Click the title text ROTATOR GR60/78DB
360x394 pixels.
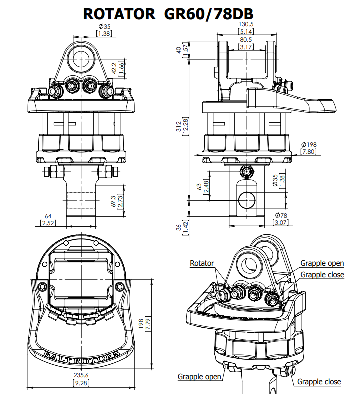pos(168,14)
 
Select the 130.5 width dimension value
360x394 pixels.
pos(246,24)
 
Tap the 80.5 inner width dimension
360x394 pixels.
pos(246,40)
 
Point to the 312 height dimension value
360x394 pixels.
pos(179,126)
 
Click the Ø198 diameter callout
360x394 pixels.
pos(309,145)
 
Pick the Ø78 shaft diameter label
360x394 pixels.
pos(281,215)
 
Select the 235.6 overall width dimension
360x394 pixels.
pos(81,375)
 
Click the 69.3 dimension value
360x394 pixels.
pos(113,201)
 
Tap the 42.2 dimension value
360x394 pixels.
pos(114,68)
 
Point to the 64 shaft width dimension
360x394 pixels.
pos(48,216)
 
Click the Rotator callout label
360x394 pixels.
pos(202,263)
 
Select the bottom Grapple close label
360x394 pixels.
pos(319,382)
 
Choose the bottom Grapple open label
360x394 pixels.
pos(199,377)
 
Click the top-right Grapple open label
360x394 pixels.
pos(322,263)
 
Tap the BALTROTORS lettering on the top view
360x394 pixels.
pos(81,357)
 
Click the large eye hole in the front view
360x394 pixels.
pos(81,58)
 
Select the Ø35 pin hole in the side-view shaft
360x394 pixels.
pos(247,200)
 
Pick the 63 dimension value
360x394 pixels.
pos(199,186)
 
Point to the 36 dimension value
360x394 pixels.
pos(179,228)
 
